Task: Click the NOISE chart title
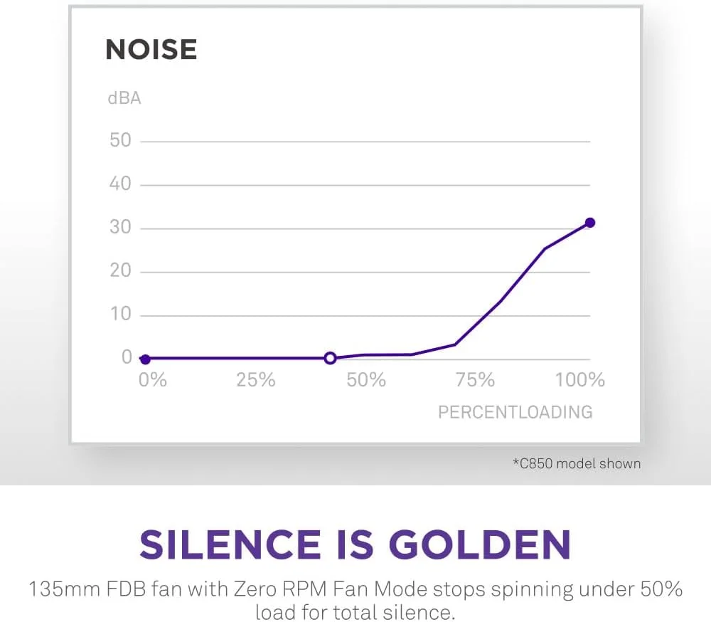(x=151, y=50)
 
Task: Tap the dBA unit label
(x=124, y=98)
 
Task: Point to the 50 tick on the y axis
(x=120, y=140)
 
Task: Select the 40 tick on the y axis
(x=120, y=184)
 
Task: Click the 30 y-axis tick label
(x=120, y=228)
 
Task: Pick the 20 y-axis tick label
(x=120, y=271)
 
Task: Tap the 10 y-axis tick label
(x=120, y=315)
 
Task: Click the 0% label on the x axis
(x=152, y=380)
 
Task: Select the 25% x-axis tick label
(x=255, y=380)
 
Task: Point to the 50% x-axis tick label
(x=366, y=380)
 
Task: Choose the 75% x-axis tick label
(x=475, y=380)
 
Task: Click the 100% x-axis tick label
(x=579, y=380)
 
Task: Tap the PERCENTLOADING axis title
(x=515, y=412)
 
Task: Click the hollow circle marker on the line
(x=330, y=358)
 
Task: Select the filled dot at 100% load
(x=589, y=223)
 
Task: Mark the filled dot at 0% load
(x=145, y=359)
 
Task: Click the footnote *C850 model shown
(x=577, y=464)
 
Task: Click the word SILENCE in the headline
(x=230, y=544)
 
